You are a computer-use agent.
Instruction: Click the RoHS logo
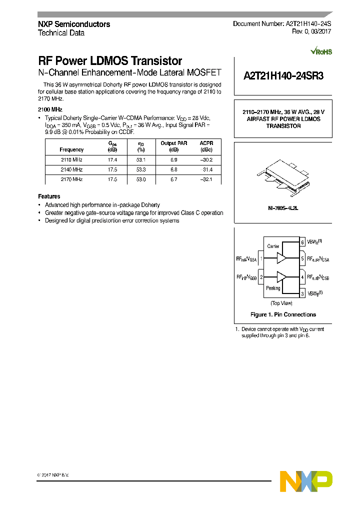click(321, 51)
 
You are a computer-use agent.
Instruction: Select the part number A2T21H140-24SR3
click(283, 76)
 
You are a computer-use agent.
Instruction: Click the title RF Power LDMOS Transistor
click(110, 61)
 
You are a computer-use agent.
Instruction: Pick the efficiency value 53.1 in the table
click(141, 160)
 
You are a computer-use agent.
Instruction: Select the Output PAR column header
click(173, 143)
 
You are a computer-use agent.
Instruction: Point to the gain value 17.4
click(112, 160)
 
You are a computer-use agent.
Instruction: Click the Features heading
click(49, 196)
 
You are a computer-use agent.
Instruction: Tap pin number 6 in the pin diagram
click(302, 242)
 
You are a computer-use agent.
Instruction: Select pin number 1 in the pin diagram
click(261, 258)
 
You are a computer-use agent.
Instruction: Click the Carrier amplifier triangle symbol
click(281, 258)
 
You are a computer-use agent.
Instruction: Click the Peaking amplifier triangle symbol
click(281, 276)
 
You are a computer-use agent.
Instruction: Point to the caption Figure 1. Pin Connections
click(283, 314)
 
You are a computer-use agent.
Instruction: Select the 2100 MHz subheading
click(49, 109)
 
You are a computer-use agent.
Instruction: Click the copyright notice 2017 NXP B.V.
click(53, 474)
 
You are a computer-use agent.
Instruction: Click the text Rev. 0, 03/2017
click(311, 31)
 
